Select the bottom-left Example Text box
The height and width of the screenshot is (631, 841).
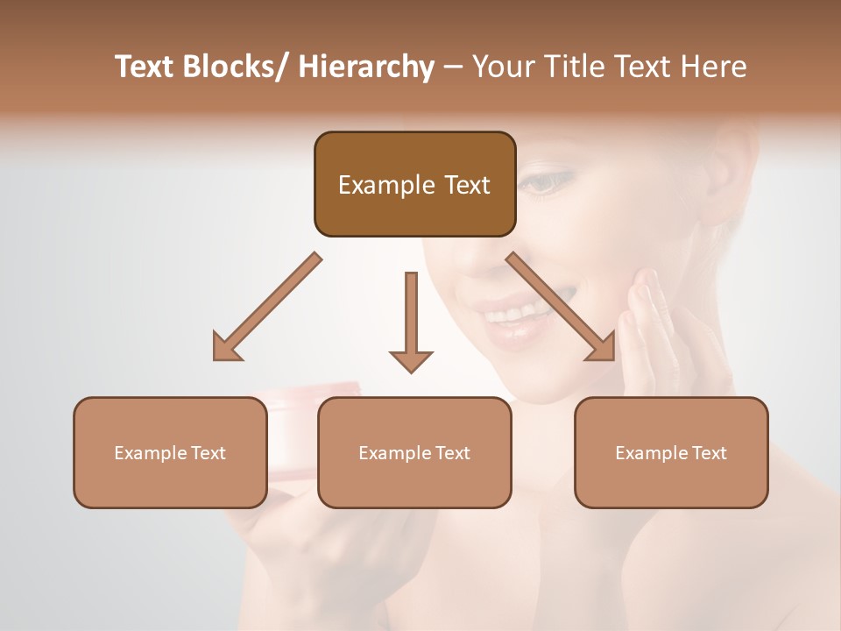click(x=170, y=452)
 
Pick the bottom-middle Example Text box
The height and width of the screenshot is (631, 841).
click(x=414, y=452)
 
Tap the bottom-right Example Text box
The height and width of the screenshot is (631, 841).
click(x=671, y=452)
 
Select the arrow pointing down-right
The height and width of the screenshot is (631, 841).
click(x=562, y=307)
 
